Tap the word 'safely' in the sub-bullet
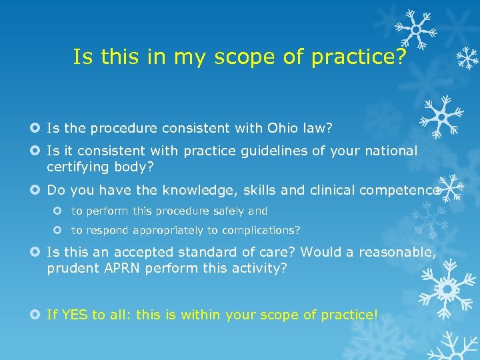coord(229,211)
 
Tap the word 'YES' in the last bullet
coord(75,314)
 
